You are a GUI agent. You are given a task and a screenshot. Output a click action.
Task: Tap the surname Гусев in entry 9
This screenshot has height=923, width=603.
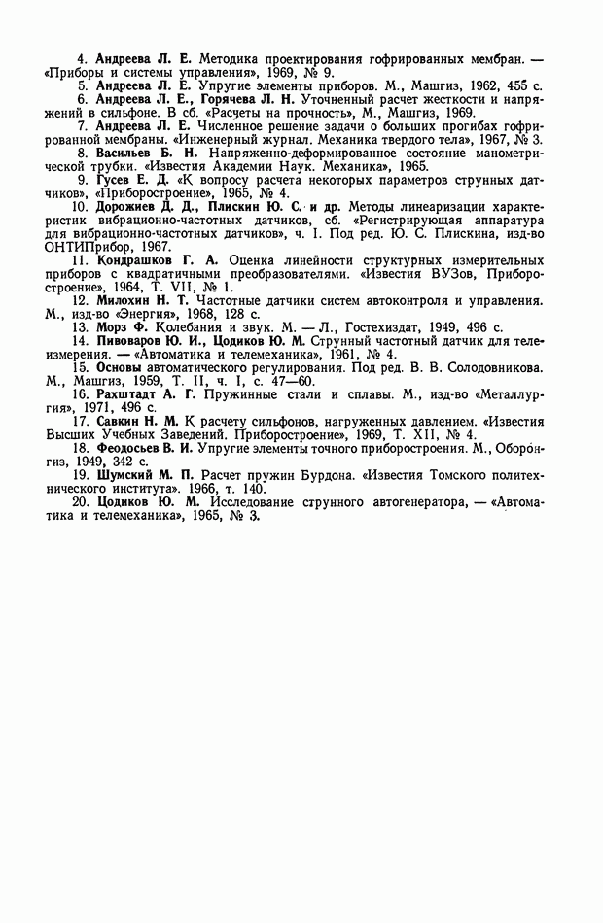coord(116,180)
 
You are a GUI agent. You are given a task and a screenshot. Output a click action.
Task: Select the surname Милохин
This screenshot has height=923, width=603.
coord(126,300)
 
